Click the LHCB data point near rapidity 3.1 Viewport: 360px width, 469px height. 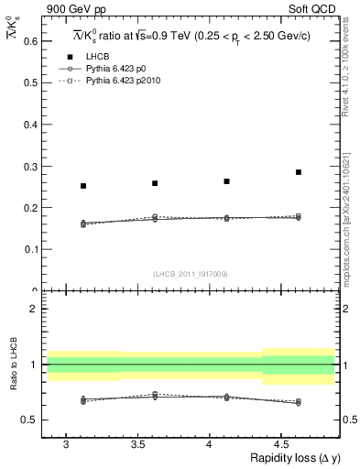[x=83, y=186]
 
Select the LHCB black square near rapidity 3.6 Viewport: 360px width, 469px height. [x=155, y=183]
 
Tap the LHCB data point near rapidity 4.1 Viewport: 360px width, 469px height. [x=226, y=181]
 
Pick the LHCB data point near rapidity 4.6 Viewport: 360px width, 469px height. [x=298, y=172]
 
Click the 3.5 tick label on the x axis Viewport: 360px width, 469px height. [x=137, y=444]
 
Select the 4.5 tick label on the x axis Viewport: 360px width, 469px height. [x=281, y=444]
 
